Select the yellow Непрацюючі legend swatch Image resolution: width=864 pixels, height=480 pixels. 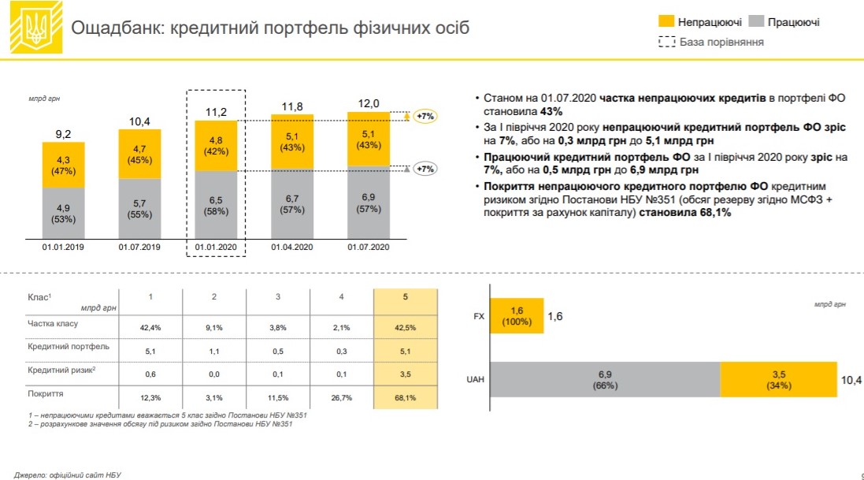pyautogui.click(x=666, y=22)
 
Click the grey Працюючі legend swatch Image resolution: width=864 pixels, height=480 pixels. pyautogui.click(x=756, y=22)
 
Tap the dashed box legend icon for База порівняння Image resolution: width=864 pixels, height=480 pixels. pyautogui.click(x=666, y=41)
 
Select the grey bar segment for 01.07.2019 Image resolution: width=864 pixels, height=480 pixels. pyautogui.click(x=139, y=207)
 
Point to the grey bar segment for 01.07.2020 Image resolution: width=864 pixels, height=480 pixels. pyautogui.click(x=369, y=204)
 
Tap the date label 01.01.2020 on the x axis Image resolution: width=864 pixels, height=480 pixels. pyautogui.click(x=216, y=247)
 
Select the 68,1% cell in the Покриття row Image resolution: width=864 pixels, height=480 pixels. pyautogui.click(x=406, y=396)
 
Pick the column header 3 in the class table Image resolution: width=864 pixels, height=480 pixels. pyautogui.click(x=277, y=297)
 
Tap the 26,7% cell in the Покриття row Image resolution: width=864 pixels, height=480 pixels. pyautogui.click(x=341, y=396)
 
